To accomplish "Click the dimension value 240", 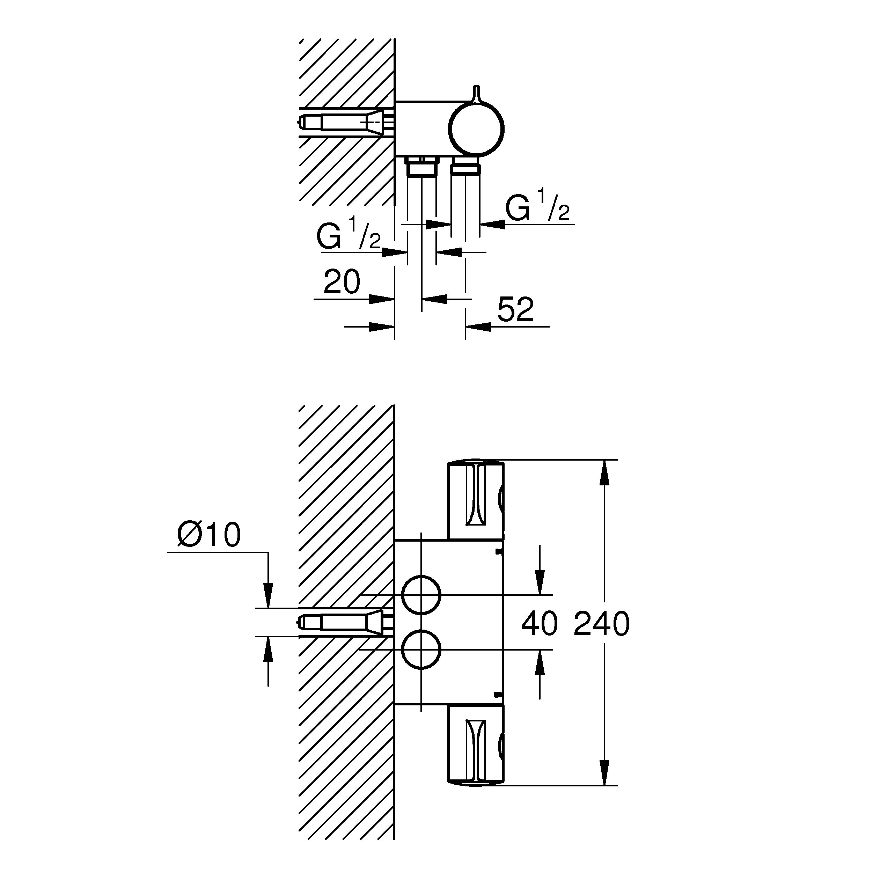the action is coord(601,624).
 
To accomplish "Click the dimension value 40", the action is coord(540,624).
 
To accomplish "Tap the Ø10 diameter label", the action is coord(209,535).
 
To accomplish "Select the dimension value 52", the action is coord(515,309).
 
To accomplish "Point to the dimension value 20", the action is coord(342,282).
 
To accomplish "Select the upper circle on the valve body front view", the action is coord(421,595).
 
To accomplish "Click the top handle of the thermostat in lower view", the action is coord(476,500).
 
